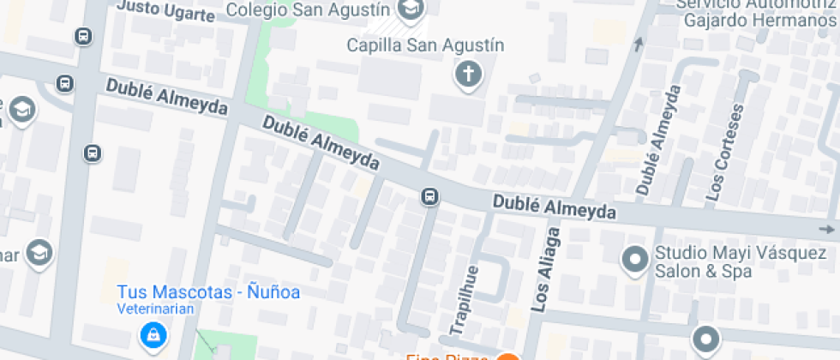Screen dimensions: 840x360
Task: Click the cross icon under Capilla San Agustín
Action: pyautogui.click(x=468, y=75)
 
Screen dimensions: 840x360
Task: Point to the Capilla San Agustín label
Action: pyautogui.click(x=425, y=45)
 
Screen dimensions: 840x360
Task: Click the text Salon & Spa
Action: pyautogui.click(x=703, y=272)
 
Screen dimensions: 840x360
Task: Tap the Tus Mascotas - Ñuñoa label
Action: pyautogui.click(x=208, y=292)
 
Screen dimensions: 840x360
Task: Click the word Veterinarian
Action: pyautogui.click(x=156, y=309)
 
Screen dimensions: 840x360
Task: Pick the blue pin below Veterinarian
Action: pyautogui.click(x=153, y=333)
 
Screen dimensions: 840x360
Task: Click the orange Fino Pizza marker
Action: pyautogui.click(x=507, y=356)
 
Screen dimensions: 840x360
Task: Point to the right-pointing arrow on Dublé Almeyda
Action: pyautogui.click(x=826, y=229)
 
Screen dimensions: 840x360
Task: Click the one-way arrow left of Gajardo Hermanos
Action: pyautogui.click(x=638, y=45)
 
